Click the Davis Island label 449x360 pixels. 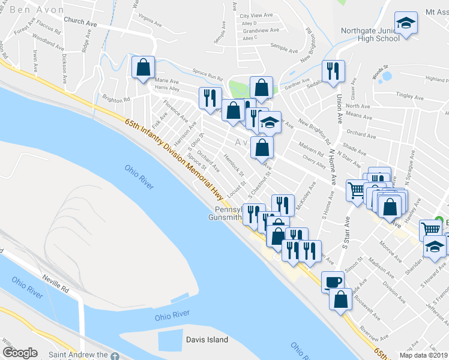tap(206, 340)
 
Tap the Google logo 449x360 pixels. tap(20, 353)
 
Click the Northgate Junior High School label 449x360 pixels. tap(370, 34)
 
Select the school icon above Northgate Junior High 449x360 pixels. tap(406, 23)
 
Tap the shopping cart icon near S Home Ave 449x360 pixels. tap(357, 190)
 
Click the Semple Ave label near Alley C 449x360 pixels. tap(283, 46)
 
